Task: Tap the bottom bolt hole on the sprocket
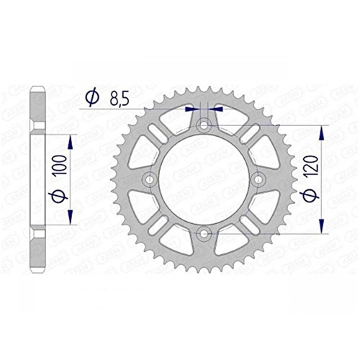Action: (x=204, y=233)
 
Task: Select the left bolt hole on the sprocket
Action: (x=150, y=179)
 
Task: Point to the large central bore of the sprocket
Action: (x=204, y=179)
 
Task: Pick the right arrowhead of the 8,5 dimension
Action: (x=217, y=109)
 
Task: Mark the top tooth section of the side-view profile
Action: (x=37, y=101)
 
